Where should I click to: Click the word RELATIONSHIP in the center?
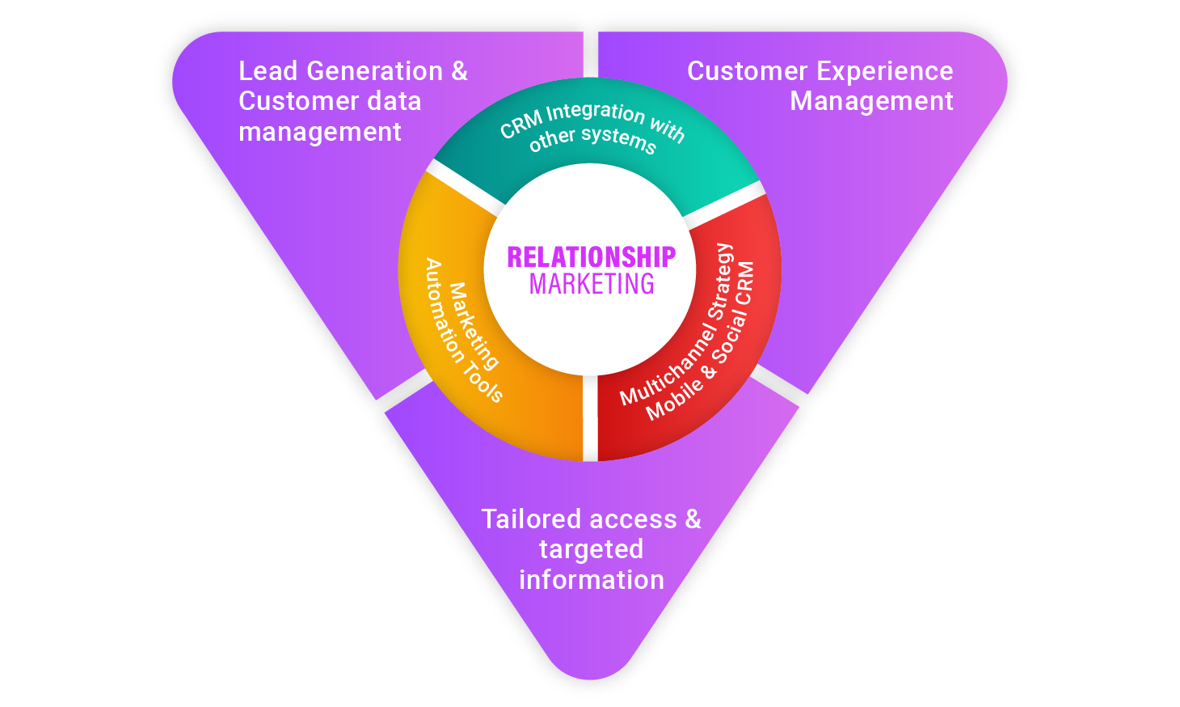pyautogui.click(x=591, y=257)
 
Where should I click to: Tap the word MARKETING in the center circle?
pyautogui.click(x=592, y=284)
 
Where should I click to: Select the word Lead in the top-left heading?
pyautogui.click(x=268, y=71)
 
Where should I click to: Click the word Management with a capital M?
pyautogui.click(x=871, y=101)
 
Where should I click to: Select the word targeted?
pyautogui.click(x=592, y=549)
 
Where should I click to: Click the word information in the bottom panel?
pyautogui.click(x=592, y=580)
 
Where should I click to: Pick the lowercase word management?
pyautogui.click(x=320, y=132)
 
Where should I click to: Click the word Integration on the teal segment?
pyautogui.click(x=596, y=113)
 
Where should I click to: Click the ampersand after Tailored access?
pyautogui.click(x=693, y=519)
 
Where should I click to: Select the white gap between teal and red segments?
pyautogui.click(x=723, y=205)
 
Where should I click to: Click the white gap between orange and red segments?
pyautogui.click(x=590, y=419)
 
